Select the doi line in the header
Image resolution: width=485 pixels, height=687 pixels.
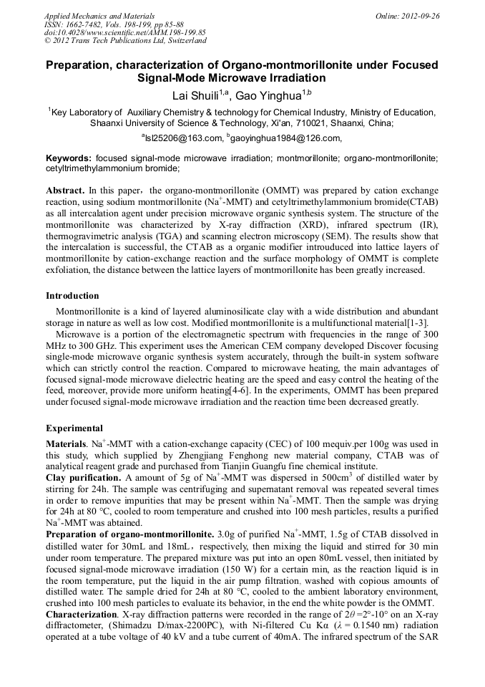[125, 32]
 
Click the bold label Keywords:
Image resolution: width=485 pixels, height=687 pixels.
[69, 157]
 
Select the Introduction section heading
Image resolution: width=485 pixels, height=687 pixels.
[73, 295]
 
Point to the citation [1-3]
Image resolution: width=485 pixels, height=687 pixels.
[426, 324]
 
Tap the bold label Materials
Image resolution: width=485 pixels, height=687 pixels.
[67, 445]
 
